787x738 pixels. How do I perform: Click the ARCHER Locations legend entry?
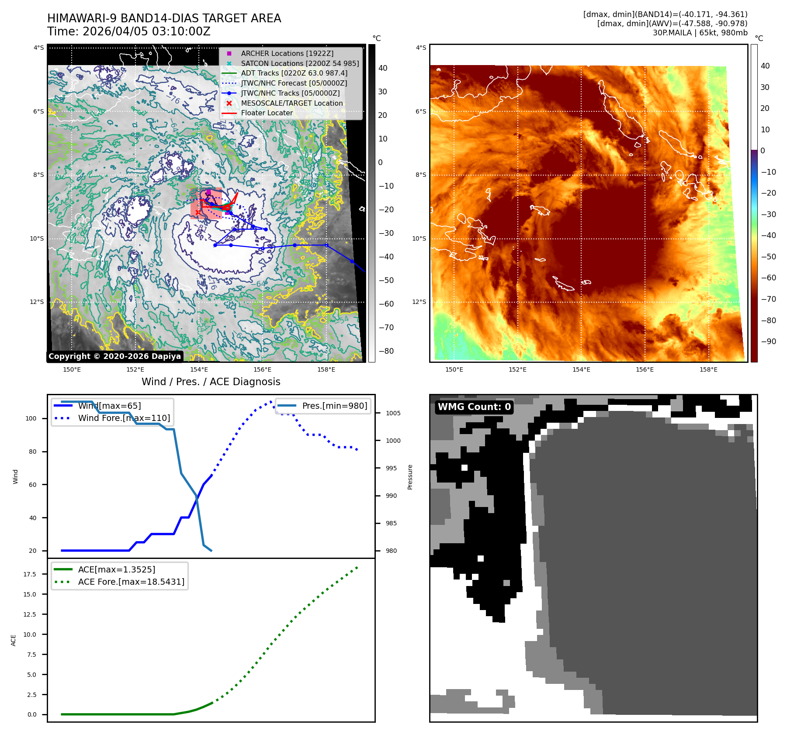[287, 53]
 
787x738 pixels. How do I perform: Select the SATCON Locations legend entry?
[300, 63]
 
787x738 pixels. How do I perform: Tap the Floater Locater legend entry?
[267, 113]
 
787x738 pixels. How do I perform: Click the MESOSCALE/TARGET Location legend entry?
[292, 103]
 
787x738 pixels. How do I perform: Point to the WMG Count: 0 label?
[474, 407]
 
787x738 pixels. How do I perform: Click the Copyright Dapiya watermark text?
[114, 356]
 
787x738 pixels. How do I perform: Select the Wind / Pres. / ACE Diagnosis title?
[211, 382]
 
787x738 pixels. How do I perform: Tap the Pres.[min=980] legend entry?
[334, 406]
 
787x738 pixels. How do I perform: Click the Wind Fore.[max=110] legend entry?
[124, 418]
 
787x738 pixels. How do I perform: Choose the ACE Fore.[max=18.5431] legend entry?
[131, 582]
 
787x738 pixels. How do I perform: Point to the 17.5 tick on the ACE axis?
[30, 574]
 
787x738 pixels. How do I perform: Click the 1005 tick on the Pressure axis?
[393, 413]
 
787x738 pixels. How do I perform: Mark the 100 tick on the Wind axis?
[31, 418]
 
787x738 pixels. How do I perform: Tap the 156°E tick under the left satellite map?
[263, 369]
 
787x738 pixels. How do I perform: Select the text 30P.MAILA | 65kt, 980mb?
[700, 33]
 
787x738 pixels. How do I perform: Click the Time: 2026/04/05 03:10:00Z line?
[129, 31]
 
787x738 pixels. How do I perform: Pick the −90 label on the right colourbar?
[768, 341]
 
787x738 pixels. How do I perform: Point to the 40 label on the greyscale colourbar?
[383, 68]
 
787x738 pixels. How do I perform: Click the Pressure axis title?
[410, 477]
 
